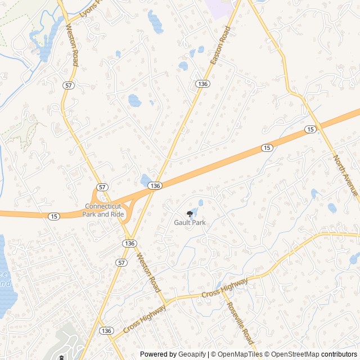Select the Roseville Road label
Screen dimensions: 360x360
tap(241, 324)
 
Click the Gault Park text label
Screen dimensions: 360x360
tap(190, 223)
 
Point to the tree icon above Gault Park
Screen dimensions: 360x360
tap(189, 213)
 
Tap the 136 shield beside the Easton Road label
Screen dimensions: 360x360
tap(202, 84)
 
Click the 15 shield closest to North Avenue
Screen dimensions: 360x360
tap(310, 129)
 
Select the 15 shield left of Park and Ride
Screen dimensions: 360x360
tap(53, 217)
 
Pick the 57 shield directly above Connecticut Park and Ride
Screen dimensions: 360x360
tap(101, 187)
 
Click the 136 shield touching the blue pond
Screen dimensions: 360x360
tap(156, 186)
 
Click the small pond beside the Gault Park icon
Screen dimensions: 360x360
tap(201, 203)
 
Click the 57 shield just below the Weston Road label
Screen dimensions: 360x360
tap(68, 85)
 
